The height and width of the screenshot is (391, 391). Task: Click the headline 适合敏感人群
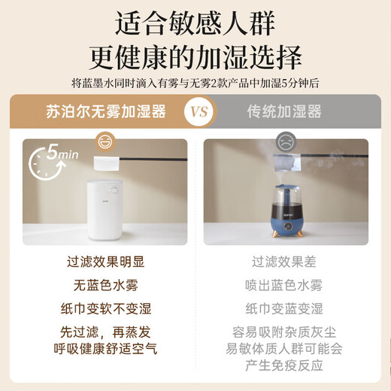click(x=195, y=24)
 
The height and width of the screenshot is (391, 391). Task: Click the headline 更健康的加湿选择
click(x=195, y=58)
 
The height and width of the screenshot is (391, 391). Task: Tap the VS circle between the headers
click(x=195, y=112)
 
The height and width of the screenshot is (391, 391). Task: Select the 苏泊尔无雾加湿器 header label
click(x=105, y=112)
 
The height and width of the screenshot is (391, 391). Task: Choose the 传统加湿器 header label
click(x=284, y=112)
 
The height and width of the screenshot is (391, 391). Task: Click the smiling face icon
click(x=105, y=142)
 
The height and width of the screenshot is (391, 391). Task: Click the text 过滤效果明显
click(x=105, y=262)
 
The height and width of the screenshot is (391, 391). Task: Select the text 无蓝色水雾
click(x=105, y=286)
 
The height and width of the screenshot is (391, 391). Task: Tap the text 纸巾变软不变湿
click(x=105, y=309)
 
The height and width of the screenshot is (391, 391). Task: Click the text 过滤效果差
click(x=286, y=262)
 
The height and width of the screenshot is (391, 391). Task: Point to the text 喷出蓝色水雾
click(x=286, y=286)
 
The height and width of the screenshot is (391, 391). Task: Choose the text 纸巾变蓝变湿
click(x=286, y=309)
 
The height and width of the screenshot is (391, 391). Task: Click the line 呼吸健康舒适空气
click(x=105, y=348)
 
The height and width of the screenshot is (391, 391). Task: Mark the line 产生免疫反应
click(x=286, y=365)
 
